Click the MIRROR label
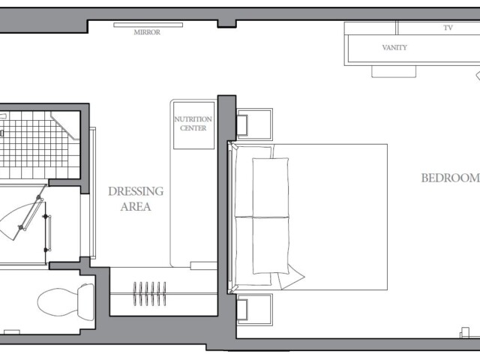tap(147, 32)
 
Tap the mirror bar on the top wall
tap(148, 25)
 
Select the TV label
tap(448, 28)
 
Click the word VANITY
tap(394, 47)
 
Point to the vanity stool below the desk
tap(394, 71)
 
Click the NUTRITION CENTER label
tap(193, 124)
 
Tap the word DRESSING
tap(136, 191)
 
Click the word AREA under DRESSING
tap(136, 207)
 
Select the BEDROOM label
tap(450, 178)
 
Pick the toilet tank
tap(85, 302)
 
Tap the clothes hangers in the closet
tap(150, 294)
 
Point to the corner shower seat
tap(66, 125)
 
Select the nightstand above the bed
tap(255, 124)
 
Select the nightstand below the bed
tap(255, 309)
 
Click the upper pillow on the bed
tap(270, 187)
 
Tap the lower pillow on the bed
tap(271, 245)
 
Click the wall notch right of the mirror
tap(226, 24)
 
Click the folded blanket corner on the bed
tap(291, 277)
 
